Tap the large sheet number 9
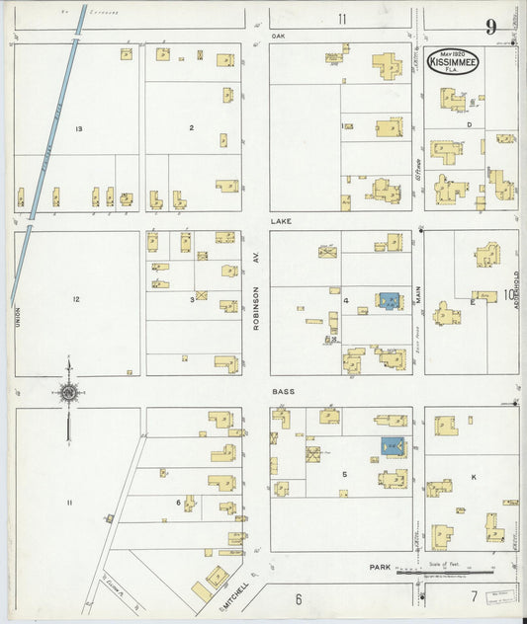pyautogui.click(x=490, y=27)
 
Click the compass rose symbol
pyautogui.click(x=68, y=393)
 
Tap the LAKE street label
pyautogui.click(x=282, y=223)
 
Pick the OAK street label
pyautogui.click(x=278, y=35)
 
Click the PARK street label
pyautogui.click(x=379, y=568)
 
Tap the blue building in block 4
pyautogui.click(x=389, y=300)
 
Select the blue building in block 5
pyautogui.click(x=393, y=447)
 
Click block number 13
pyautogui.click(x=78, y=129)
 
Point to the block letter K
pyautogui.click(x=474, y=478)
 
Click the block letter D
pyautogui.click(x=469, y=124)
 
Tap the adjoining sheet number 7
pyautogui.click(x=474, y=595)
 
